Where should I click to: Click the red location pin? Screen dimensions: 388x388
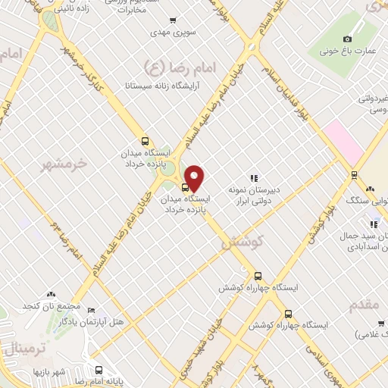click(x=195, y=177)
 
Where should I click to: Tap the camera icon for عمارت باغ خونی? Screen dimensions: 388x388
click(x=348, y=39)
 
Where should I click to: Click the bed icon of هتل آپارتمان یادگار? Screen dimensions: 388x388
click(x=92, y=310)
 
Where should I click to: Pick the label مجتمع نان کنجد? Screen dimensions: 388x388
click(x=52, y=305)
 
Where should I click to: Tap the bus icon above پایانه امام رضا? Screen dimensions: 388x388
click(x=99, y=371)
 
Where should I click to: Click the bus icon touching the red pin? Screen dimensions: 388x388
click(x=186, y=187)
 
